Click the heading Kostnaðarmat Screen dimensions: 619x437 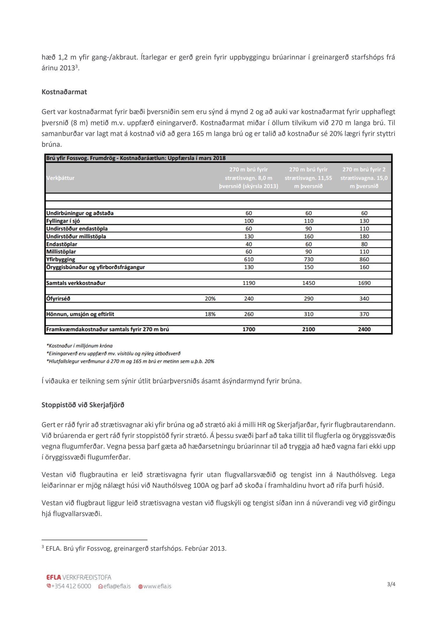(x=64, y=92)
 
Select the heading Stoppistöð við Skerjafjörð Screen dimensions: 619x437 (x=83, y=405)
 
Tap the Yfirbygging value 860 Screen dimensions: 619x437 (x=364, y=259)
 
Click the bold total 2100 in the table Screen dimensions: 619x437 (x=309, y=329)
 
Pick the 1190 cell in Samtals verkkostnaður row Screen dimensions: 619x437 (x=249, y=283)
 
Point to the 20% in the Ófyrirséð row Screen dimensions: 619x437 (x=210, y=299)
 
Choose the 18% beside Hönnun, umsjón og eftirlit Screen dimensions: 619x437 (x=210, y=314)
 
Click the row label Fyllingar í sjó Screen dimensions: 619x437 (x=63, y=221)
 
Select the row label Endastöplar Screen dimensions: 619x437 (x=61, y=244)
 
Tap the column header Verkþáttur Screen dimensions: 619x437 (x=60, y=178)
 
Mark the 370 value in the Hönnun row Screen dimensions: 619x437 (x=364, y=314)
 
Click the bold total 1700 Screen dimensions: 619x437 (x=249, y=329)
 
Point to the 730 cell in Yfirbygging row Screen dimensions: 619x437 (x=309, y=259)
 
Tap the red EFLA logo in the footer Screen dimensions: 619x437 (x=54, y=577)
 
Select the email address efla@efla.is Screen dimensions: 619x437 (x=117, y=586)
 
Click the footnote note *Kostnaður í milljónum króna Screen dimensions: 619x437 (x=79, y=346)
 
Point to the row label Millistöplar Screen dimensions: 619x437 (x=61, y=251)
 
